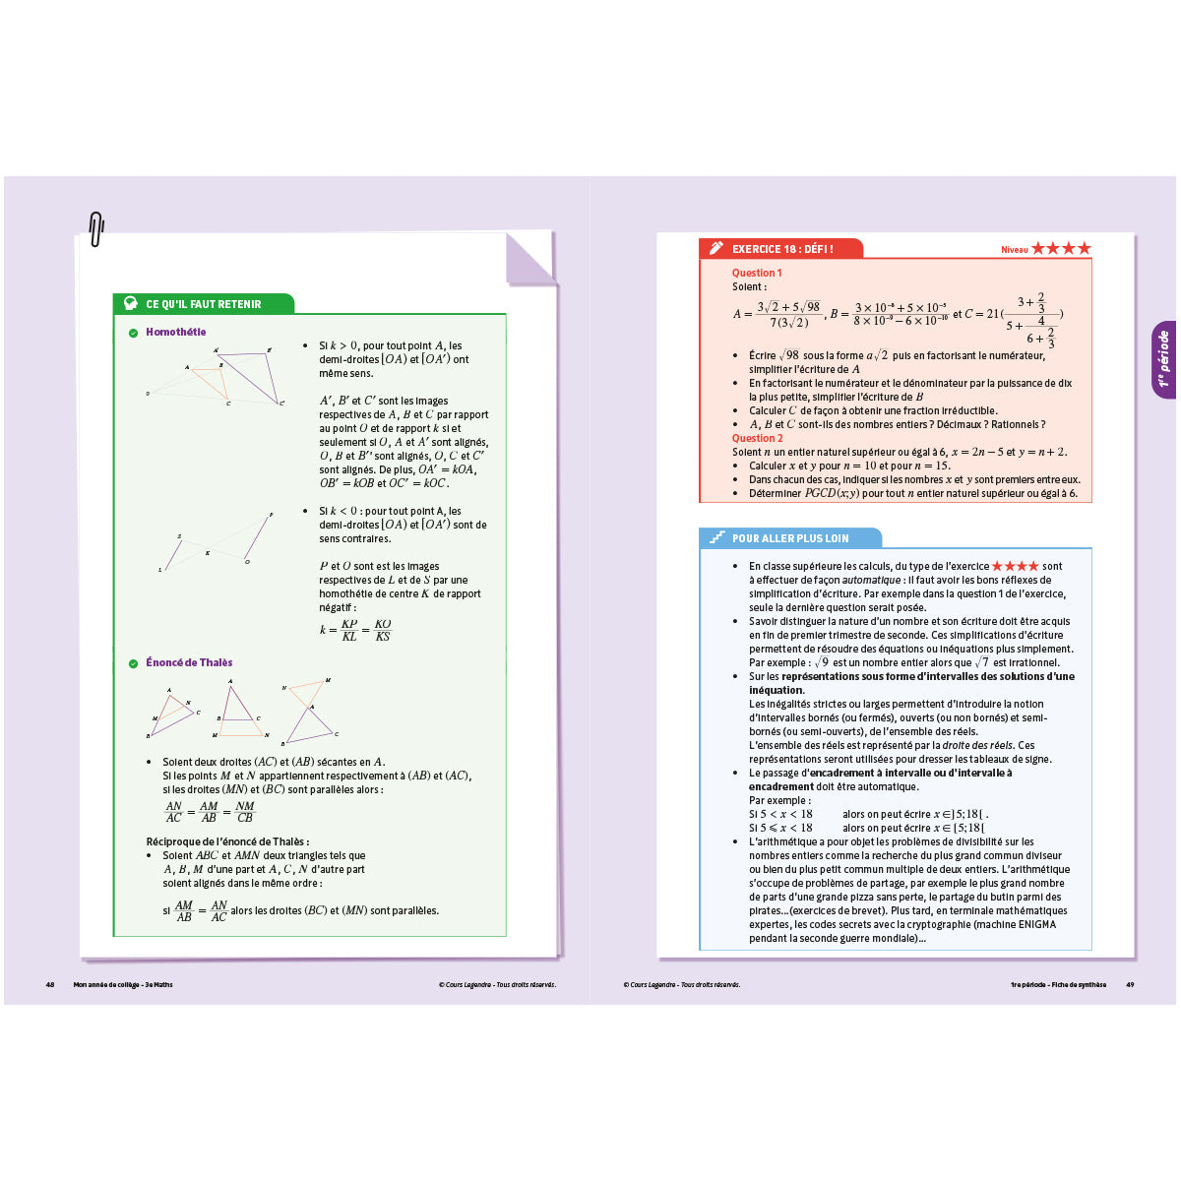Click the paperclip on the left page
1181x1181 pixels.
[95, 229]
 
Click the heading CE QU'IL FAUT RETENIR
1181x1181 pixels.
[203, 304]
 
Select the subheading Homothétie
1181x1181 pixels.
[175, 332]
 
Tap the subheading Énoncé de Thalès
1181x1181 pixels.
[189, 662]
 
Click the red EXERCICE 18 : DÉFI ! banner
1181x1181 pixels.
[782, 249]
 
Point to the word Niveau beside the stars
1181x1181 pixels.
[1014, 250]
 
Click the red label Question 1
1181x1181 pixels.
[756, 273]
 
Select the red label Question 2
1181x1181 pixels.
[757, 438]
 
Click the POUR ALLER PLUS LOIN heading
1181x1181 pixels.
[789, 538]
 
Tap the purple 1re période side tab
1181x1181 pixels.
[1163, 359]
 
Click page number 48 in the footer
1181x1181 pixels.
[50, 984]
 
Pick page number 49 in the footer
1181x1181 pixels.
[1130, 984]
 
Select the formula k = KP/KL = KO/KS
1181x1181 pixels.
[355, 630]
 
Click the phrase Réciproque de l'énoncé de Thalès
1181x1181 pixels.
[227, 841]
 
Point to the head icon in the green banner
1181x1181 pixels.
[130, 304]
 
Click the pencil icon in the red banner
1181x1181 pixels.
[715, 249]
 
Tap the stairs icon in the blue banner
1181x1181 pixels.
[717, 538]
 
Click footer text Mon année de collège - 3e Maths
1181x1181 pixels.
[123, 984]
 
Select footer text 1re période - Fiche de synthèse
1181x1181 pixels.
[1058, 984]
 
